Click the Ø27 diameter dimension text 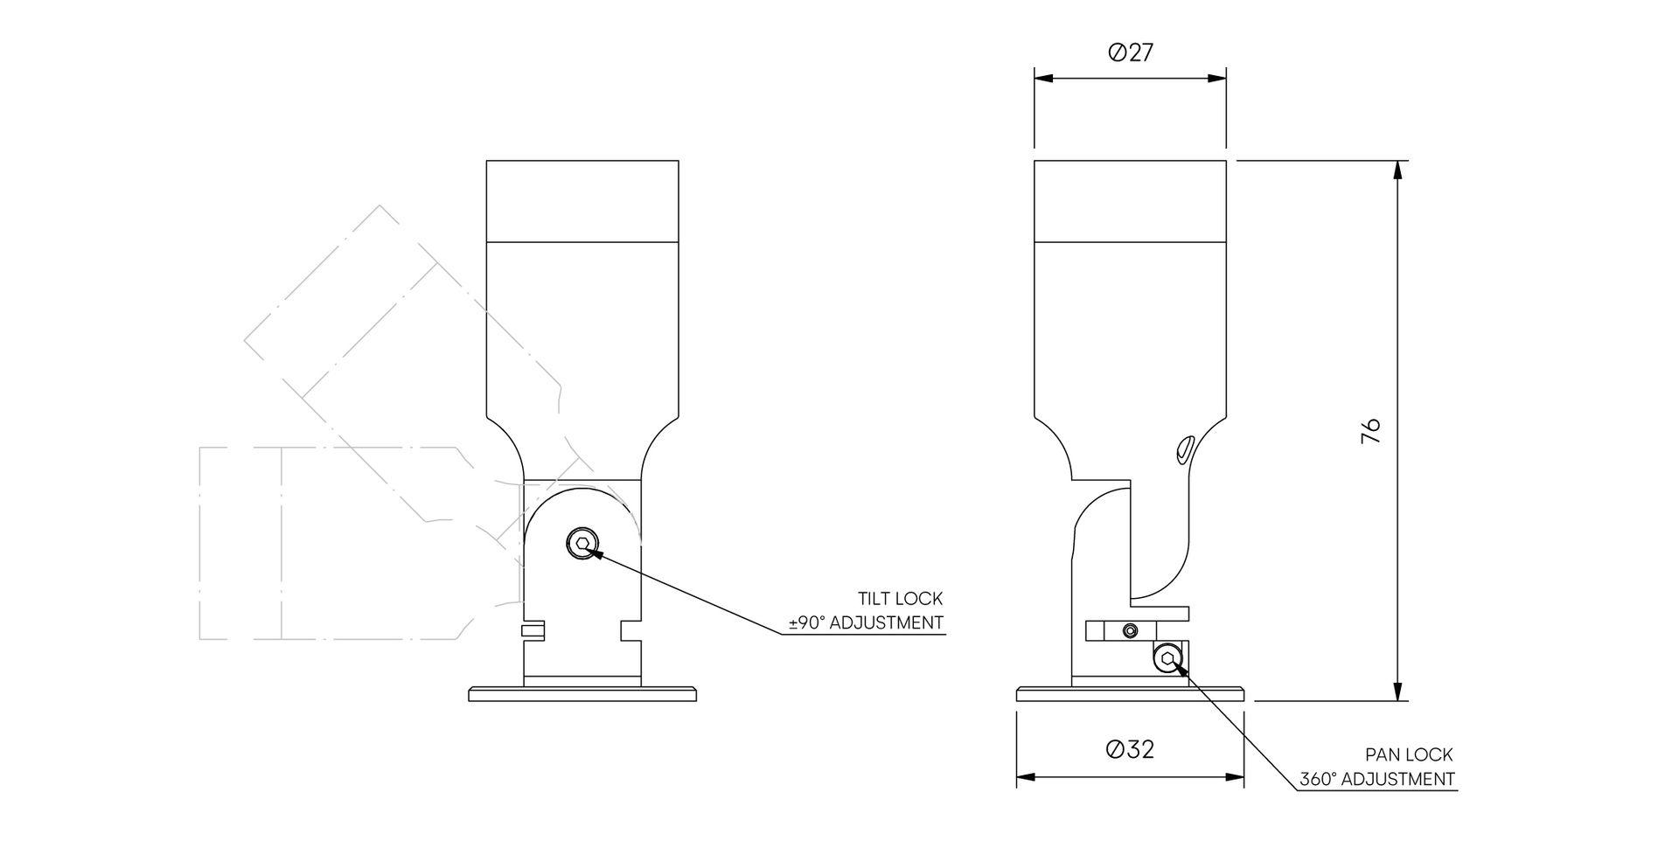1131,53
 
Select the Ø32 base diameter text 1130,749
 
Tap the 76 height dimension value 1370,430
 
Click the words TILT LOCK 900,599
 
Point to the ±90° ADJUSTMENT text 866,623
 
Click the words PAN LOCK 1409,754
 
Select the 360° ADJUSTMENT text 1376,779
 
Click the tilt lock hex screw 582,545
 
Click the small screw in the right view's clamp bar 1131,630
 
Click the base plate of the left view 583,695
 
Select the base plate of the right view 1131,695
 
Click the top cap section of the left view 582,200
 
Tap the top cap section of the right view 1130,200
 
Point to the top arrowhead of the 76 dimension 1397,170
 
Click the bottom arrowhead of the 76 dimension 1397,691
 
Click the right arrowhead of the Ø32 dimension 1235,776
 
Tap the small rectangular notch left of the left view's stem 533,629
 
